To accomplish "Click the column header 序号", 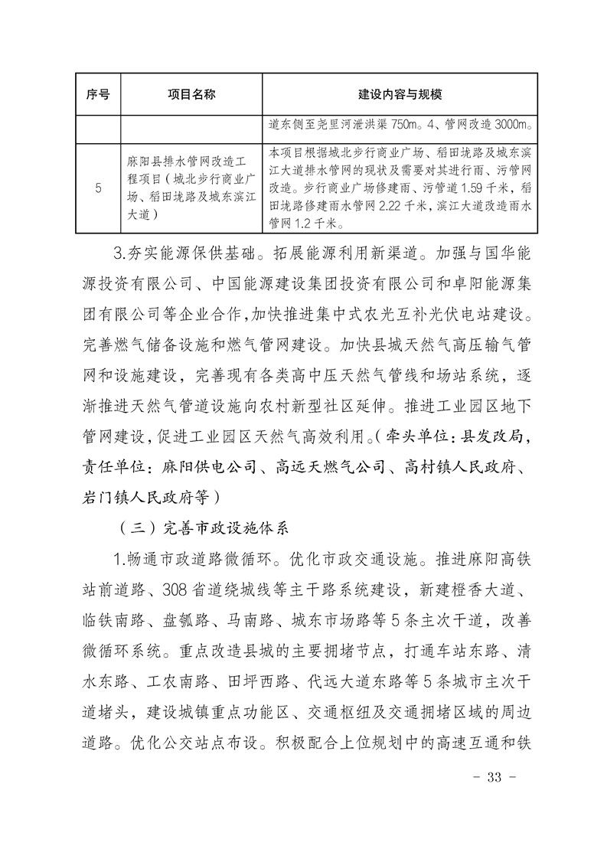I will tap(96, 94).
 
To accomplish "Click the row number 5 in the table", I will tap(98, 188).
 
